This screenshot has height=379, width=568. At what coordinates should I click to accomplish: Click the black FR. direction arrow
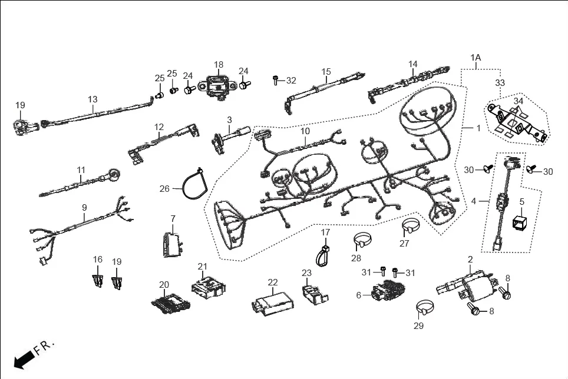click(x=24, y=358)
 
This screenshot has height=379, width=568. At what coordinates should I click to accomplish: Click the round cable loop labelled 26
click(x=193, y=185)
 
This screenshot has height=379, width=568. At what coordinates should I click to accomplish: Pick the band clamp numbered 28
click(x=363, y=241)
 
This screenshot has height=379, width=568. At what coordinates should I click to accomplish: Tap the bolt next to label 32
click(x=276, y=79)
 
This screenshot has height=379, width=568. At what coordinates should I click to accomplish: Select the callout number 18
click(x=219, y=64)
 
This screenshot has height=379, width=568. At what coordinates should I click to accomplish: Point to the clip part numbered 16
click(x=98, y=279)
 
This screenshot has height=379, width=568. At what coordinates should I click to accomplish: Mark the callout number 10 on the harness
click(x=305, y=131)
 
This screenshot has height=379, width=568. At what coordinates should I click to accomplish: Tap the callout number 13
click(x=93, y=99)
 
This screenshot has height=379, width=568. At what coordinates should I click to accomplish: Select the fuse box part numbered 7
click(x=171, y=244)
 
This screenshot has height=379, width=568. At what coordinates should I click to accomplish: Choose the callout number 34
click(x=518, y=101)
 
